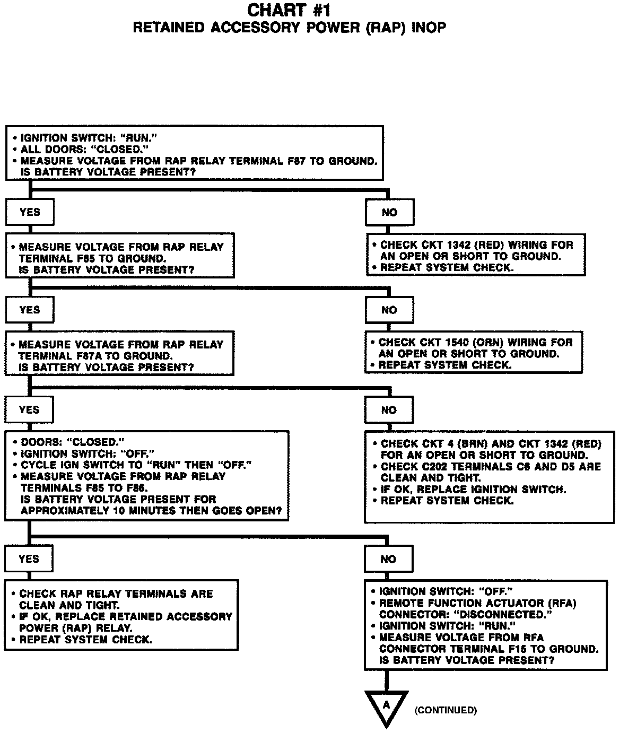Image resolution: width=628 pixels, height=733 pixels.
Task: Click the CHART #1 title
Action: point(289,10)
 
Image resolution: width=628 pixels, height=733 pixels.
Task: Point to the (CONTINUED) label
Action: point(446,710)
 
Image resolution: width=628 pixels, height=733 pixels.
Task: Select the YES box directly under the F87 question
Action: point(30,212)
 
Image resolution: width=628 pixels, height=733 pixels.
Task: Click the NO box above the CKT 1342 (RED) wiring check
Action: point(389,213)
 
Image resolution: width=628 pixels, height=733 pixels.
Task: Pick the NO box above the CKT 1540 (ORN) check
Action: point(389,310)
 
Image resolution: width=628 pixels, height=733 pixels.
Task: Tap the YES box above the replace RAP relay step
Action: point(29,559)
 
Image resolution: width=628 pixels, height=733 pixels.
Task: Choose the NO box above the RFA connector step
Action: point(388,559)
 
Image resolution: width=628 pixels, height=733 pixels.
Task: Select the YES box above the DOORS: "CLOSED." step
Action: point(29,409)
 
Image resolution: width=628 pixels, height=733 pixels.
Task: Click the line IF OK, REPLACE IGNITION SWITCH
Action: point(473,490)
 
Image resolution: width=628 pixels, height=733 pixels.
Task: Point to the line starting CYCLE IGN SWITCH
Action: point(136,465)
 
